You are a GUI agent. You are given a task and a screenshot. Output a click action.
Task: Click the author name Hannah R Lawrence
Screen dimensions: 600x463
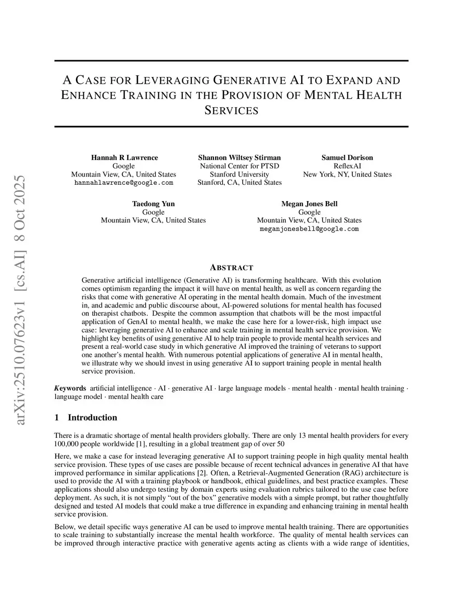pos(124,158)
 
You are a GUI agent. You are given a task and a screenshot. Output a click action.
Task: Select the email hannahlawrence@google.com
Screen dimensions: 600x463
pos(123,182)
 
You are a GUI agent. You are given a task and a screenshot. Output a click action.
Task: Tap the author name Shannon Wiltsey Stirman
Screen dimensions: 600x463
pos(239,158)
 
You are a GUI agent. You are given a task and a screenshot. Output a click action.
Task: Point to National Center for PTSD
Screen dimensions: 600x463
pos(239,166)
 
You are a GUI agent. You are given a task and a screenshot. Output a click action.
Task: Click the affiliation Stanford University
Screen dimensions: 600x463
pos(239,174)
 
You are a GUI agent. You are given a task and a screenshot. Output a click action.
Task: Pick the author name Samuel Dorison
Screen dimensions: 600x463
pos(347,158)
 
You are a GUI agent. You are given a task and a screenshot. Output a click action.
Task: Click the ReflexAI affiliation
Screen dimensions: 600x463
pos(347,166)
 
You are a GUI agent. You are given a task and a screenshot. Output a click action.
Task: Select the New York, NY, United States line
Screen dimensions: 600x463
pos(347,174)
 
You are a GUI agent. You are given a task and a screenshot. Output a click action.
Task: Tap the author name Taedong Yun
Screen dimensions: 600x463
pos(153,204)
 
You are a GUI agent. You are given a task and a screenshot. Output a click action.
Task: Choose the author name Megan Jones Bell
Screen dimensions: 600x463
pos(309,204)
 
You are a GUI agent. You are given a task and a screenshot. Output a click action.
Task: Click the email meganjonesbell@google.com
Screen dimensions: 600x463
pos(309,229)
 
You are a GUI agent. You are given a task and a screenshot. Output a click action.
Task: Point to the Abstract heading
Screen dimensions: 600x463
pos(231,268)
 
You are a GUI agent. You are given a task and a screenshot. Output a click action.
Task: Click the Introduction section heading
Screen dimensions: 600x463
pos(92,418)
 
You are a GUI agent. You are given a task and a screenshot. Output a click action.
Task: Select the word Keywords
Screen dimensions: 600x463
pos(70,388)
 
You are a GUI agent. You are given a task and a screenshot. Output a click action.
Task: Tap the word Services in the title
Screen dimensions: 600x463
pos(231,110)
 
